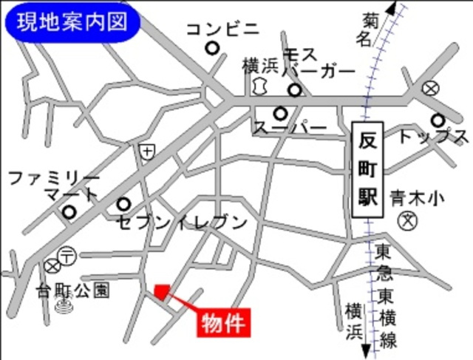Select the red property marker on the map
(x=162, y=291)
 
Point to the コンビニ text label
(x=222, y=29)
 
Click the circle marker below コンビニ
(x=213, y=49)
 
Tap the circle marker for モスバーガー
(x=295, y=92)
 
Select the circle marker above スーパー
(x=279, y=114)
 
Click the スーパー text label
(x=290, y=129)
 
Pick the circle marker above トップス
(x=438, y=120)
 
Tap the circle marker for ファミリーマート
(x=69, y=212)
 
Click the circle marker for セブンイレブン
(x=123, y=203)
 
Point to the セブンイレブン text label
(x=181, y=221)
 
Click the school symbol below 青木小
(x=408, y=220)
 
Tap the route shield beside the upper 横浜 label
(x=258, y=86)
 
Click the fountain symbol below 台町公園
(x=64, y=303)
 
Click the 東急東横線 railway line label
(x=385, y=296)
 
